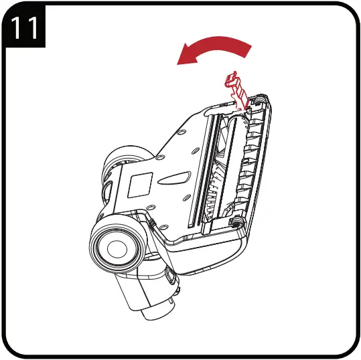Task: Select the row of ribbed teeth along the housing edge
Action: pyautogui.click(x=255, y=161)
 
